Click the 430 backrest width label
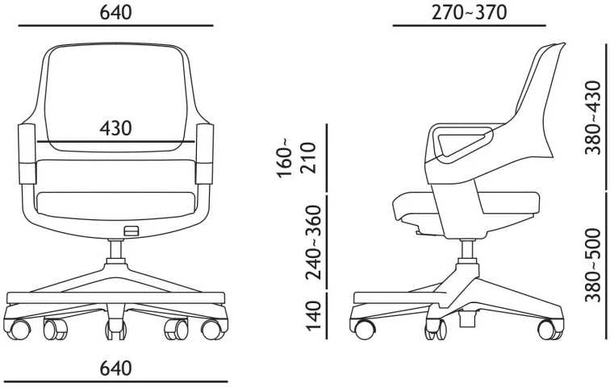(115, 128)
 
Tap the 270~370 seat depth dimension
(469, 12)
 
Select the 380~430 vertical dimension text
(593, 118)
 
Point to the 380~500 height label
(593, 265)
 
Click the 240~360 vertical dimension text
(314, 243)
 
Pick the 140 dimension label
(314, 315)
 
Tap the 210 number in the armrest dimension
(308, 158)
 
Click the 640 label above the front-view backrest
(115, 12)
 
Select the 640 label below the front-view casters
(115, 368)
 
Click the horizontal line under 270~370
(469, 26)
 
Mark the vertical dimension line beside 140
(327, 316)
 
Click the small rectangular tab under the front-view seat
(131, 231)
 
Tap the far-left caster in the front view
(18, 329)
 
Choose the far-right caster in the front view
(212, 329)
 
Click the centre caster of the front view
(116, 330)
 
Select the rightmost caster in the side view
(548, 329)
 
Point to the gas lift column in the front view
(115, 252)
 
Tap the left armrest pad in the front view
(27, 154)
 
